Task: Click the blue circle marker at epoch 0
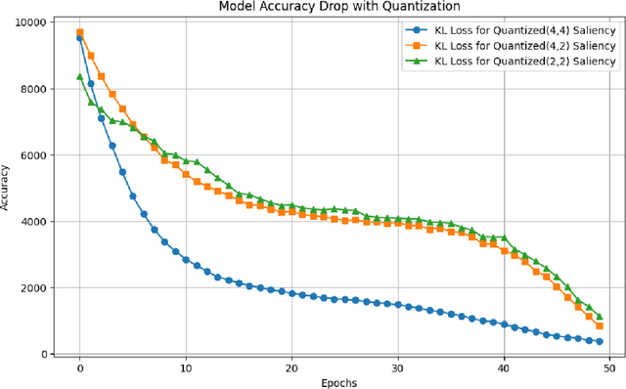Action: coord(80,38)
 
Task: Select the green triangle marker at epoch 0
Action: coord(80,76)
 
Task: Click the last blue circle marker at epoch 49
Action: coord(599,341)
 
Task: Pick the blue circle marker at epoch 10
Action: coord(186,259)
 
